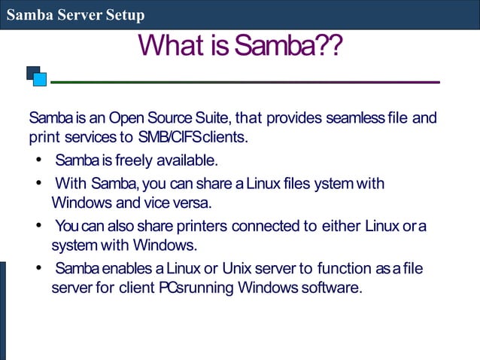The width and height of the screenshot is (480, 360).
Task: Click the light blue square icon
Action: (x=41, y=79)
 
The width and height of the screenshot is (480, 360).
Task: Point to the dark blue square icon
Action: (x=32, y=72)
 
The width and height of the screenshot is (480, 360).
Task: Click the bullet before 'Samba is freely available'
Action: (x=38, y=161)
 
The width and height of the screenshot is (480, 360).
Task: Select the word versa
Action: (x=192, y=203)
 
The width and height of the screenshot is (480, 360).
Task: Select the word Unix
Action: (x=241, y=269)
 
